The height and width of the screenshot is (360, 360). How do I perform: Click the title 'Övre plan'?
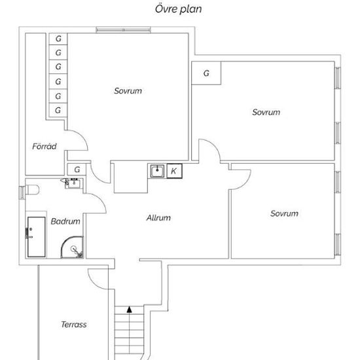click(179, 9)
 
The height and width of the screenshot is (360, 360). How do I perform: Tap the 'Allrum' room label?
click(158, 218)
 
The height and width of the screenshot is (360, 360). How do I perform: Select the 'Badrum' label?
click(65, 221)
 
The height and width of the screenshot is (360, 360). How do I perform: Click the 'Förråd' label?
click(45, 146)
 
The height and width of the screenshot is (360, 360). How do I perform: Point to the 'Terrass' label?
click(74, 325)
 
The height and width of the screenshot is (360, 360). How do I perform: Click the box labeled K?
click(175, 171)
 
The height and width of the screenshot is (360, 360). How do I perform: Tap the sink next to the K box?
click(157, 171)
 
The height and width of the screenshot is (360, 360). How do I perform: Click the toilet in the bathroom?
click(32, 190)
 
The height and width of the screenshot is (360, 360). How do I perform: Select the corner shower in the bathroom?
click(72, 247)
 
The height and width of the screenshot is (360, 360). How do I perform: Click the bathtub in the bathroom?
click(36, 237)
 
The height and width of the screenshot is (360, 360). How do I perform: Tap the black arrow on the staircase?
click(130, 310)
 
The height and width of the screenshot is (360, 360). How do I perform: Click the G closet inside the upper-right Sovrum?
click(206, 73)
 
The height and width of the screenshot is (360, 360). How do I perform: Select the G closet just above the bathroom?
click(77, 170)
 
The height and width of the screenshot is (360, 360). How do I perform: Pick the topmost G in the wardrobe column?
click(58, 39)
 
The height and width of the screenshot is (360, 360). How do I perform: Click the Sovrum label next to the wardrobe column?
click(128, 91)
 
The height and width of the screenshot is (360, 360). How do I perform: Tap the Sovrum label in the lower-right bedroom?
click(284, 213)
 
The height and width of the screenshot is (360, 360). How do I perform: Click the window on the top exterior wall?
click(123, 30)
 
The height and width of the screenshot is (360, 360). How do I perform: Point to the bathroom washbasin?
click(73, 183)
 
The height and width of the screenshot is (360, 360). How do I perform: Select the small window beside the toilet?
click(22, 192)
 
